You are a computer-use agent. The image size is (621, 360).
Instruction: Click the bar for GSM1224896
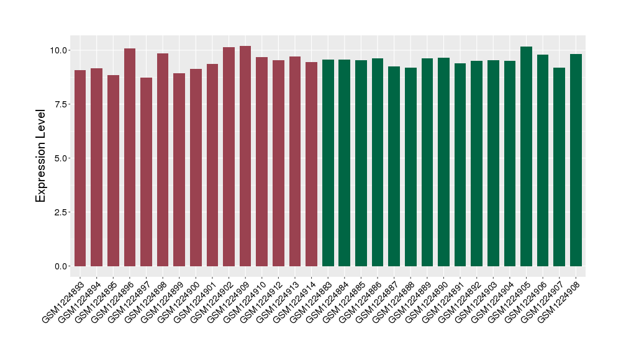(130, 158)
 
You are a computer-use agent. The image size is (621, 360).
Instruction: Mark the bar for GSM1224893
(80, 168)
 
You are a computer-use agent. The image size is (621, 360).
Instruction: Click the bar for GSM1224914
(311, 164)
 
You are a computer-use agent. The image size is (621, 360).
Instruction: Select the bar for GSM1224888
(410, 167)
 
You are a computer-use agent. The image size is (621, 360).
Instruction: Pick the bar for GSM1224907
(559, 167)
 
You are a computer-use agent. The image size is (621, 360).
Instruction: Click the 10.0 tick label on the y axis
(60, 50)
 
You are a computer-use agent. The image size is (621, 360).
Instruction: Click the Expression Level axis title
(41, 156)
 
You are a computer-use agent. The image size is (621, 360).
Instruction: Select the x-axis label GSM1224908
(558, 302)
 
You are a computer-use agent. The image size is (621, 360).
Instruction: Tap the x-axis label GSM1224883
(310, 302)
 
